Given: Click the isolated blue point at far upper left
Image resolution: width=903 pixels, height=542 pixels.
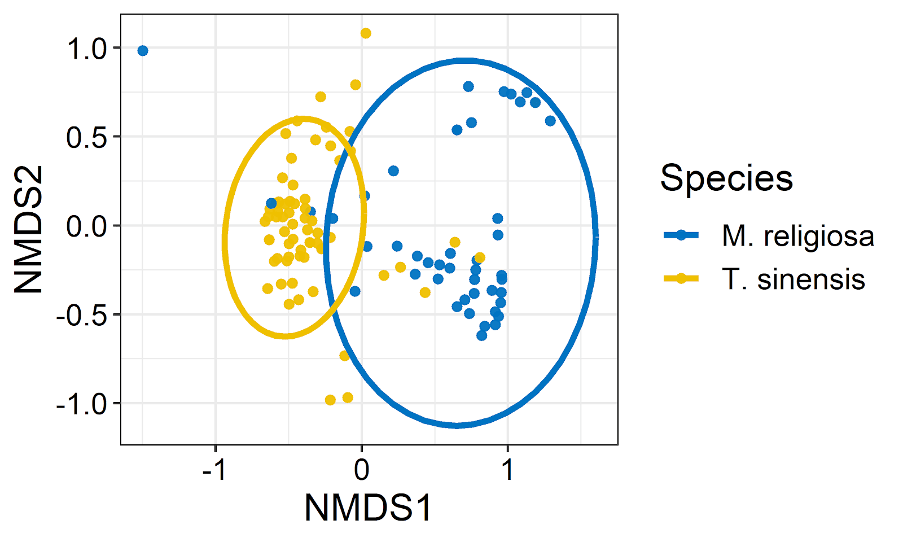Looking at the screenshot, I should pos(143,51).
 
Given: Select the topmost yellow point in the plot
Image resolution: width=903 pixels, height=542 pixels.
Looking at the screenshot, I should pos(366,33).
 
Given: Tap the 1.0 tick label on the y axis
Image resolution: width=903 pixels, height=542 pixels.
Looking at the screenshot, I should pos(87,49).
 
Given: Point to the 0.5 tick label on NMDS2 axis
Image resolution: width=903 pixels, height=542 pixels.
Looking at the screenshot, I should pos(87,138).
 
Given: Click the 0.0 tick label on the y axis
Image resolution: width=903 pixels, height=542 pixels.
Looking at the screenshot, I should pos(87,226).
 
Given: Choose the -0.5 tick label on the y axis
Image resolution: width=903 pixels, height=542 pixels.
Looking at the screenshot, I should pos(82,316).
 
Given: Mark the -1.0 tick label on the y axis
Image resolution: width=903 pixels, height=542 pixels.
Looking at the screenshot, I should pos(82,404).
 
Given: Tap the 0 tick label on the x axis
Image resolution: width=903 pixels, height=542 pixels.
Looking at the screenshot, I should pos(362,470).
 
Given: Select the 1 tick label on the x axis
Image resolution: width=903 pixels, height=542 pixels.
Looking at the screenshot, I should pos(508,470).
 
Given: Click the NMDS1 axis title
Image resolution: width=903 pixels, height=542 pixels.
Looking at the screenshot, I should pos(368,508).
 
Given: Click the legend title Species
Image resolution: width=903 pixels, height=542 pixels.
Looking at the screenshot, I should pos(726,178).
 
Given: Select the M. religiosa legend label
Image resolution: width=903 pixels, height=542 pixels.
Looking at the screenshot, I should pos(797,236).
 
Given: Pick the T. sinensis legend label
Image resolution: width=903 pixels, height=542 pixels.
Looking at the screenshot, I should pos(793,279).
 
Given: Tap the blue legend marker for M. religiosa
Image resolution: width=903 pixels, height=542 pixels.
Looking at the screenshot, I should pos(681,235).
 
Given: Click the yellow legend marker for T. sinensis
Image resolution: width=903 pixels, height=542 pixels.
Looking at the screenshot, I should pos(681,278).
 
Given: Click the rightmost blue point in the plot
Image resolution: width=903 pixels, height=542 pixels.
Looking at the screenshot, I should pos(550,121).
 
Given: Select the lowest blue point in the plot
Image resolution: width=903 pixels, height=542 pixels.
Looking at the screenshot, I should pos(481,335).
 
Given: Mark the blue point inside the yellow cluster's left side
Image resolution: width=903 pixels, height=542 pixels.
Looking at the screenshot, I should pos(271,203).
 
